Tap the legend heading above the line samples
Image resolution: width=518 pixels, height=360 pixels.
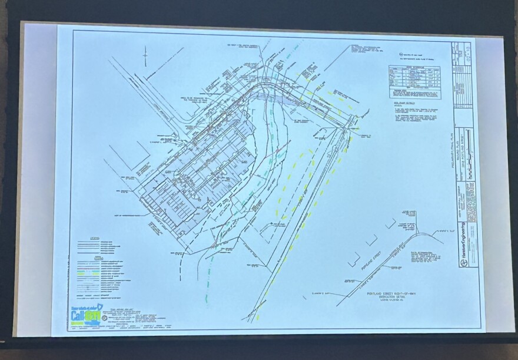95,239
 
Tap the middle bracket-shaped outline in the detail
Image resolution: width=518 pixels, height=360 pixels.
371,240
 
